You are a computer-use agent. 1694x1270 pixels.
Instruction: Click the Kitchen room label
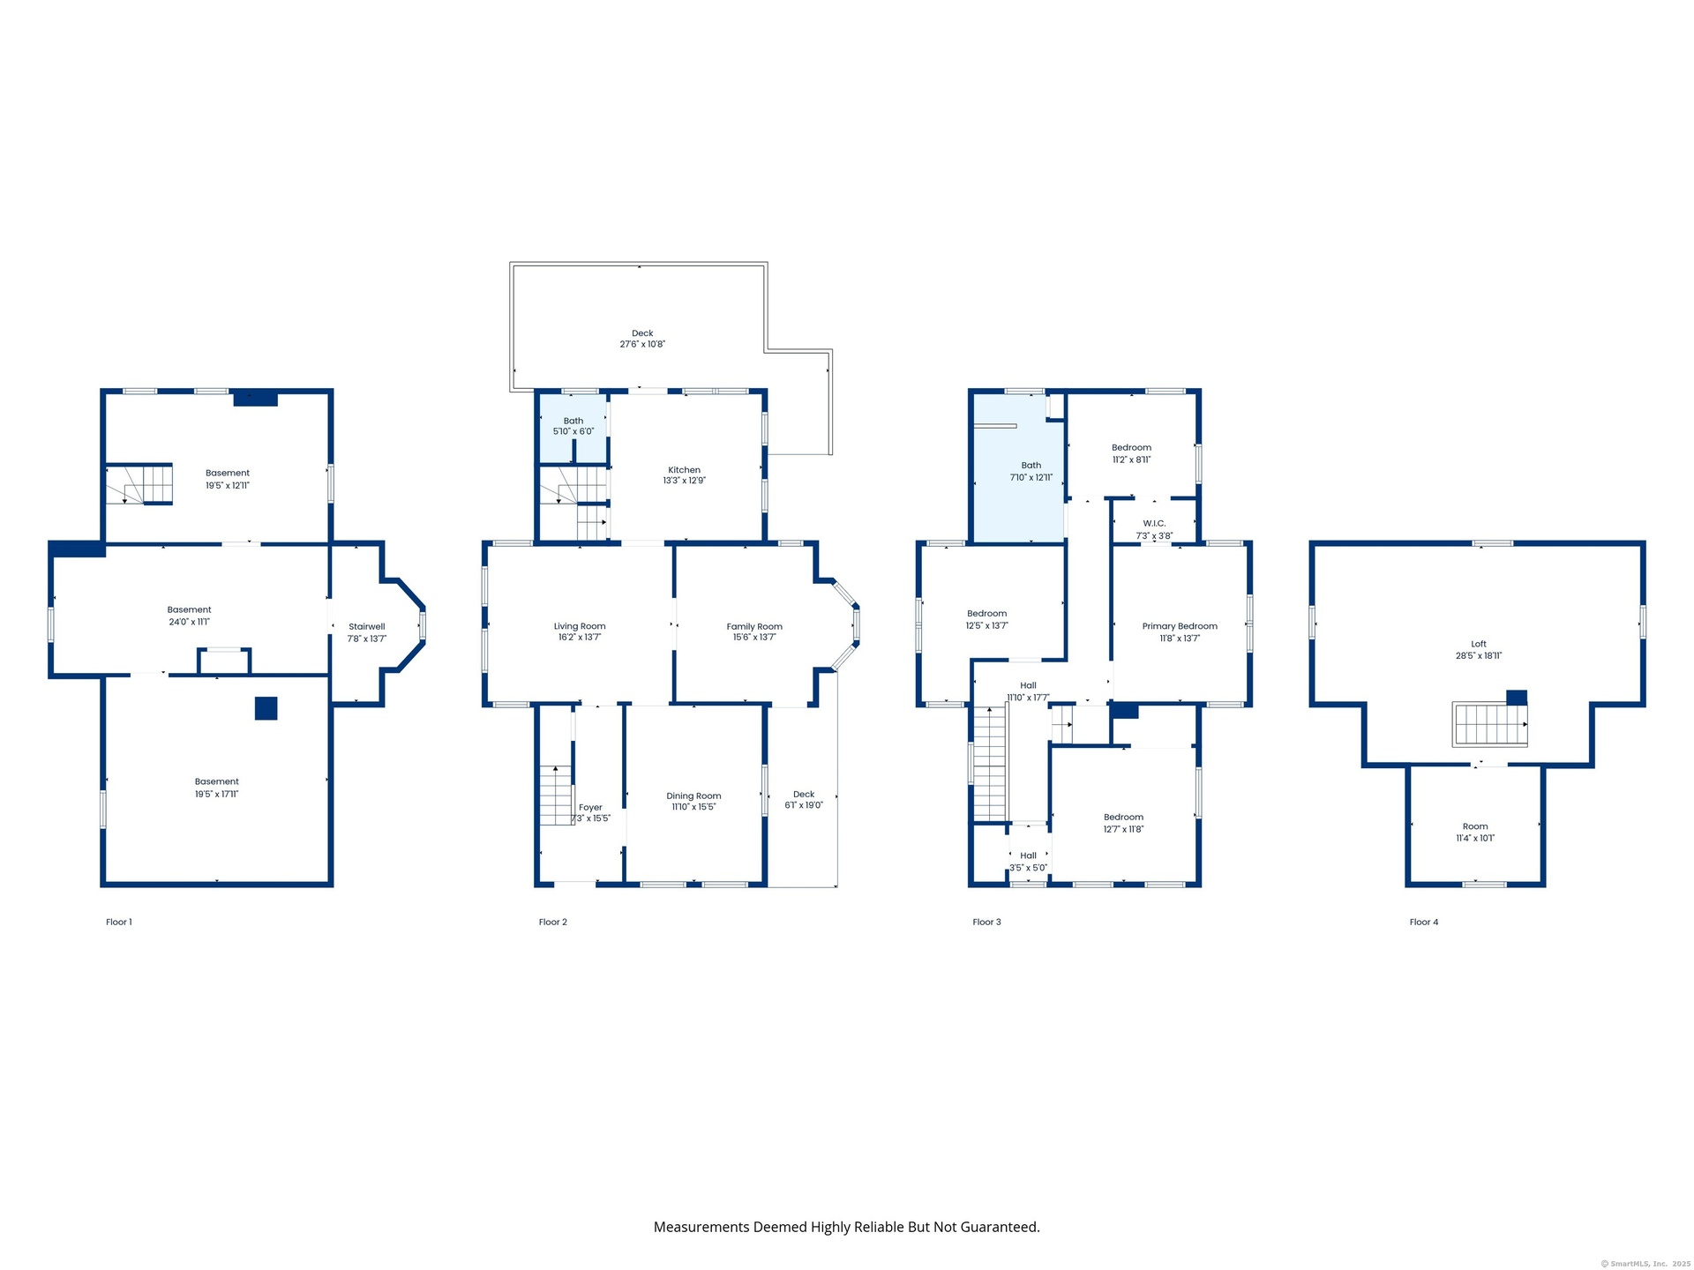click(x=684, y=470)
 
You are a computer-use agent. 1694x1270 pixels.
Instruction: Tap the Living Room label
click(x=580, y=626)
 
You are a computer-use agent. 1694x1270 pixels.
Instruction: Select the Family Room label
click(x=754, y=626)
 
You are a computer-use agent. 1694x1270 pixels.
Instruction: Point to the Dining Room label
click(x=693, y=796)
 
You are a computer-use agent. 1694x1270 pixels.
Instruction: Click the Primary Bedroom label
click(x=1180, y=626)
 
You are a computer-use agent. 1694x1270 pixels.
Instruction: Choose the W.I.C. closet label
click(x=1154, y=524)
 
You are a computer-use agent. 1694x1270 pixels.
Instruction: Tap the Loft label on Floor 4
click(x=1479, y=644)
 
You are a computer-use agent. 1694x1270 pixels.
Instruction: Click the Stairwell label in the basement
click(x=367, y=627)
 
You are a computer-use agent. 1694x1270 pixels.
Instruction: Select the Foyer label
click(x=590, y=807)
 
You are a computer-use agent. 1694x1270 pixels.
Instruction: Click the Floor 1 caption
click(x=119, y=923)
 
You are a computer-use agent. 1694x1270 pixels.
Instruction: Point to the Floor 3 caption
click(x=986, y=923)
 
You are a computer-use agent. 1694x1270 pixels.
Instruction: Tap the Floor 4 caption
click(x=1424, y=923)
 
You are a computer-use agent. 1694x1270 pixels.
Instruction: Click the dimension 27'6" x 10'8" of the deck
click(x=642, y=345)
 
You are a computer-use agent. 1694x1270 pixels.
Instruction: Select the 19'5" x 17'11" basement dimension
click(x=217, y=794)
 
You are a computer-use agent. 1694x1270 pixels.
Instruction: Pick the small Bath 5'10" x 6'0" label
click(x=573, y=426)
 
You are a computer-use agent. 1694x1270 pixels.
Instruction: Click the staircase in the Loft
click(x=1490, y=724)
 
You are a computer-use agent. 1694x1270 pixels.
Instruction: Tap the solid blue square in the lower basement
click(x=266, y=708)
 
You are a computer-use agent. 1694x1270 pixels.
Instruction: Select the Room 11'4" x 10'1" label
click(x=1475, y=833)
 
